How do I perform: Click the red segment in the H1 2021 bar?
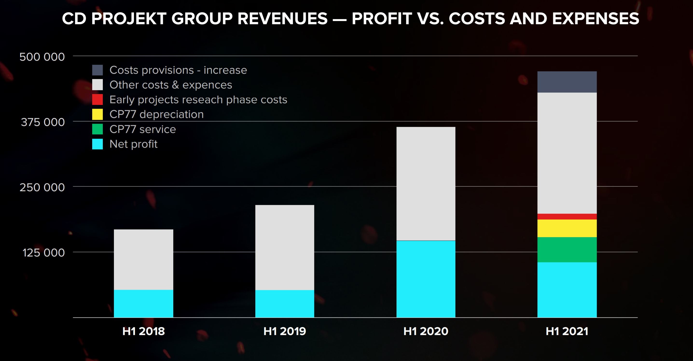[567, 216]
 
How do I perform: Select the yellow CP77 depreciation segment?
[567, 228]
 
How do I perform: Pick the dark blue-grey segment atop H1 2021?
[567, 82]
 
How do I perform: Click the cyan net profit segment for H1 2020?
[426, 279]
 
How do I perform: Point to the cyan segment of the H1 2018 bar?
[143, 304]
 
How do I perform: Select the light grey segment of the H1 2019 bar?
[285, 247]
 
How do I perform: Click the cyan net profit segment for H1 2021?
[567, 290]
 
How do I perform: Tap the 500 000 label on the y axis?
[42, 57]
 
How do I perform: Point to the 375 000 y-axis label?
[43, 122]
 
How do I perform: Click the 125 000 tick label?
[43, 253]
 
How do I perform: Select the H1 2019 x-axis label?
[285, 331]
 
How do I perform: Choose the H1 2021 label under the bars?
[567, 331]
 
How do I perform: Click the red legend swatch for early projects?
[97, 99]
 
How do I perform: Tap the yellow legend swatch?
[97, 114]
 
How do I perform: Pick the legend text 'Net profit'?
[133, 144]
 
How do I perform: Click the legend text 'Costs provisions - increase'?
[178, 70]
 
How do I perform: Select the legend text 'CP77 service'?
[143, 129]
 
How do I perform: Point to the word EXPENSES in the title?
[596, 19]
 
